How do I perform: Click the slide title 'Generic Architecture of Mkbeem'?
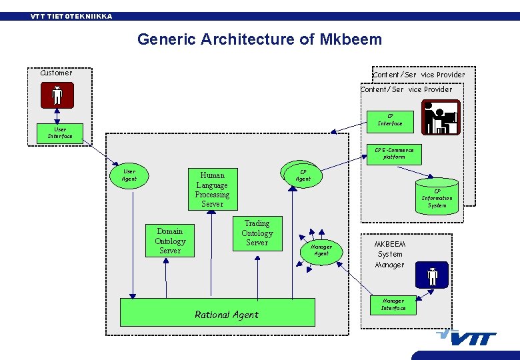pos(259,39)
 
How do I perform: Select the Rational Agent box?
pos(217,312)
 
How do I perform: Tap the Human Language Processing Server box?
pos(212,189)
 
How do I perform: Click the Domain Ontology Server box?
pos(170,241)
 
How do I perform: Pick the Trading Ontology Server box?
pos(257,233)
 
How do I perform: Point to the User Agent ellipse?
pos(129,175)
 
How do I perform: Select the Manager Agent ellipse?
pos(321,250)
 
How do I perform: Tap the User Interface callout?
pos(60,133)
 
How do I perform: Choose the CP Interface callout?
pos(390,119)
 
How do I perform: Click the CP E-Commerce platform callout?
pos(393,154)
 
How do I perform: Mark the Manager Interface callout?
pos(393,305)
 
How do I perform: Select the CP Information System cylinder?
pos(437,197)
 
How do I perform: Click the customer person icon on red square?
pos(57,96)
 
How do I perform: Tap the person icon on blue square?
pos(432,275)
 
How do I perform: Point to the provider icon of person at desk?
pos(441,117)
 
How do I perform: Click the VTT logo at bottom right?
pos(467,338)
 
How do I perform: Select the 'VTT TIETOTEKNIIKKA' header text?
pos(71,16)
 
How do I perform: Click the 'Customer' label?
pos(57,73)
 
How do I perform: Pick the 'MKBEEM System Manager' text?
pos(390,254)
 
